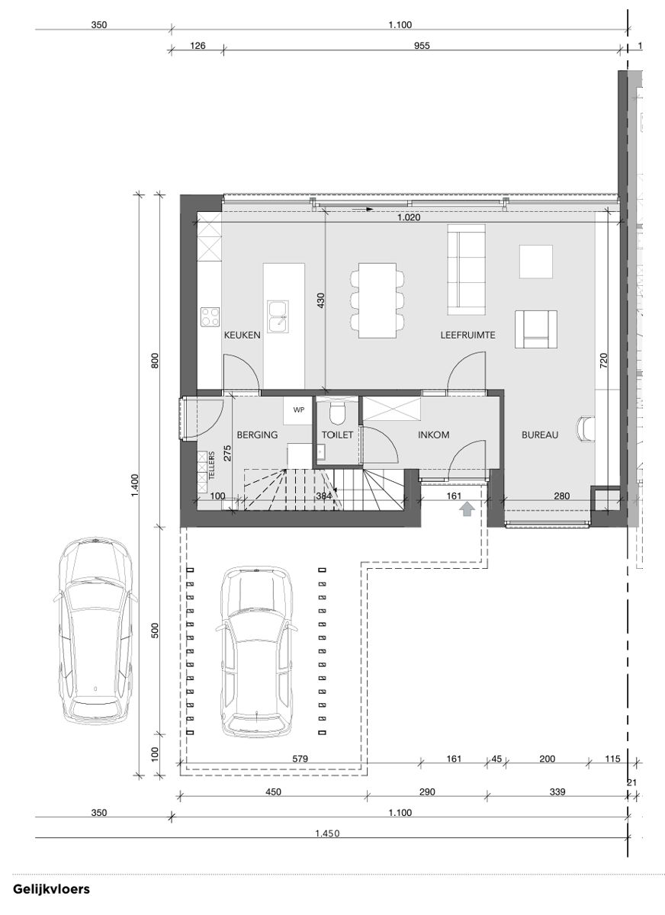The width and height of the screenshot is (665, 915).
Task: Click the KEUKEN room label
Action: click(243, 335)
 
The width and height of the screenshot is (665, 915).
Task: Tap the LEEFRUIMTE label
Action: click(468, 335)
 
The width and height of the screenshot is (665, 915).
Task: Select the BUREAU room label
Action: click(540, 435)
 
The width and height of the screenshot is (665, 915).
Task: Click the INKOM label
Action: click(433, 435)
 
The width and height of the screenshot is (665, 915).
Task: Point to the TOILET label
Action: click(337, 435)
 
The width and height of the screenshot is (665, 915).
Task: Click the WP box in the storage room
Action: click(298, 409)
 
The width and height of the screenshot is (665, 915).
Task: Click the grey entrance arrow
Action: click(467, 509)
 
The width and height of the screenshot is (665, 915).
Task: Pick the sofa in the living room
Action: click(466, 269)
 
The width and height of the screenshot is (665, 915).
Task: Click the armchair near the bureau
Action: click(535, 329)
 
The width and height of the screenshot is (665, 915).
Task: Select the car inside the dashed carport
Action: click(256, 652)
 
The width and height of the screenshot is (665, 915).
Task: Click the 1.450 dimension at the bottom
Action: click(327, 833)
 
